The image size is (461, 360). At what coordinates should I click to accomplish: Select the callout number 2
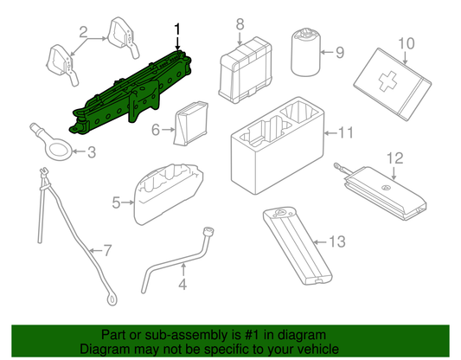click(x=83, y=35)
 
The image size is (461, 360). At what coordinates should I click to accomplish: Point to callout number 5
click(x=117, y=203)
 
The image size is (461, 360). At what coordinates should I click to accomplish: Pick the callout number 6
click(x=157, y=131)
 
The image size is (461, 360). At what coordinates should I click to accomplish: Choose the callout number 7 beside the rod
click(x=106, y=252)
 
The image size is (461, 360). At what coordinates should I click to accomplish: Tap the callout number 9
click(x=339, y=53)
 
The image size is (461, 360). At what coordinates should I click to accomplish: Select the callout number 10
click(x=407, y=42)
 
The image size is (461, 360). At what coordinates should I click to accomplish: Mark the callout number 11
click(x=347, y=133)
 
